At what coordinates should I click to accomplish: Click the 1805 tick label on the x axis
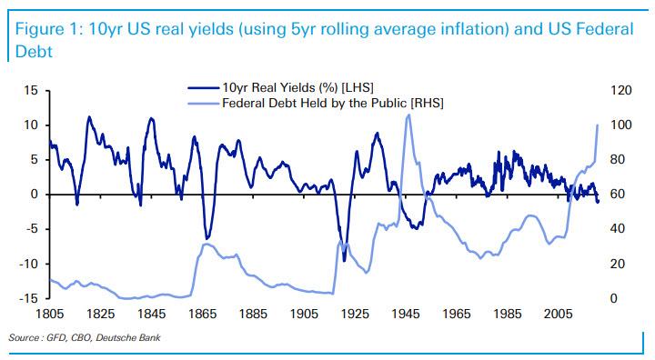click(50, 314)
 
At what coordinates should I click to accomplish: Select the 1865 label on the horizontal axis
click(202, 314)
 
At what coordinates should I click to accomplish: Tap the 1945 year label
click(406, 314)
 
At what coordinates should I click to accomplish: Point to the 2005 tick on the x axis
click(558, 314)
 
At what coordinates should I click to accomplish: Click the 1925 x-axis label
click(355, 314)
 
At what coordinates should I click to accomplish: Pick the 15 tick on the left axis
click(31, 91)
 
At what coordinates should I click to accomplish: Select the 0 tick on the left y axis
click(34, 195)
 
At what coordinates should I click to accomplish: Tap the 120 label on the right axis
click(621, 91)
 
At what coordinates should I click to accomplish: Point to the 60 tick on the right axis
click(619, 195)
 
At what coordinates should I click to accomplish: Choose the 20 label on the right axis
click(619, 264)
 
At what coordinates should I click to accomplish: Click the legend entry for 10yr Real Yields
click(291, 88)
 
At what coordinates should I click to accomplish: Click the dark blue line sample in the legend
click(204, 88)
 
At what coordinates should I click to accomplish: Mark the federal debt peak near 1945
click(408, 115)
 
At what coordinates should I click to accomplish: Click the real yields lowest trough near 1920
click(344, 259)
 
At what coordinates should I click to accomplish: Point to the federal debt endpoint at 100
click(597, 125)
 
